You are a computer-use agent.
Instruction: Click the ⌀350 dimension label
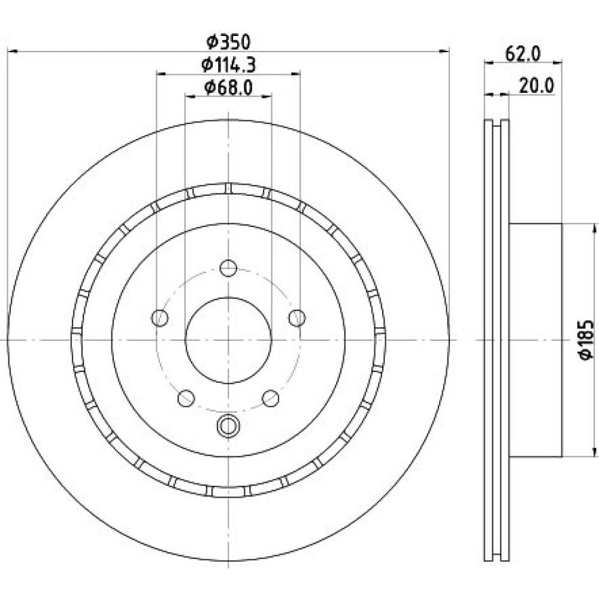click(228, 42)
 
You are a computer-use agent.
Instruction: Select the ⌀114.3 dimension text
click(228, 65)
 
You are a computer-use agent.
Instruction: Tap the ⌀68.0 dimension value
click(228, 88)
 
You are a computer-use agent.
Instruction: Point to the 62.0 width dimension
click(523, 54)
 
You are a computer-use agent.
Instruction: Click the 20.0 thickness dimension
click(536, 86)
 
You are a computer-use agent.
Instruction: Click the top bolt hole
click(228, 268)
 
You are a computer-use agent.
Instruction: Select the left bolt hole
click(160, 318)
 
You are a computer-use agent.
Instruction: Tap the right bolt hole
click(297, 318)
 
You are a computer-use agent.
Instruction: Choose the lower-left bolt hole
click(186, 398)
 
